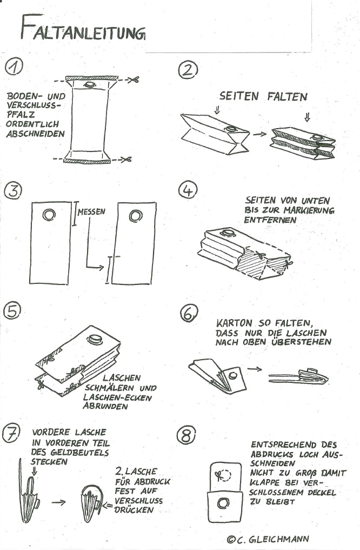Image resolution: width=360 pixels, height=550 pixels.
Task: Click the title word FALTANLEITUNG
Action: (x=82, y=28)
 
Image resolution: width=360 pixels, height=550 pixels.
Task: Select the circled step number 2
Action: (x=189, y=69)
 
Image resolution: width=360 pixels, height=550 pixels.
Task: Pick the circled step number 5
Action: (x=12, y=310)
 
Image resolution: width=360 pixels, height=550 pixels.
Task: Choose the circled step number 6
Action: (x=189, y=313)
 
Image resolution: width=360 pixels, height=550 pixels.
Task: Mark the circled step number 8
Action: (x=188, y=434)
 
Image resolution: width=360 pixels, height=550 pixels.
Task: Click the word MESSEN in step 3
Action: (x=91, y=212)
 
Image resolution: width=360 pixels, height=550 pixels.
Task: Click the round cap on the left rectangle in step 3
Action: (x=49, y=215)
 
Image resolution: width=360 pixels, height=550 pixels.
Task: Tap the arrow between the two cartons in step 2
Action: (x=260, y=133)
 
